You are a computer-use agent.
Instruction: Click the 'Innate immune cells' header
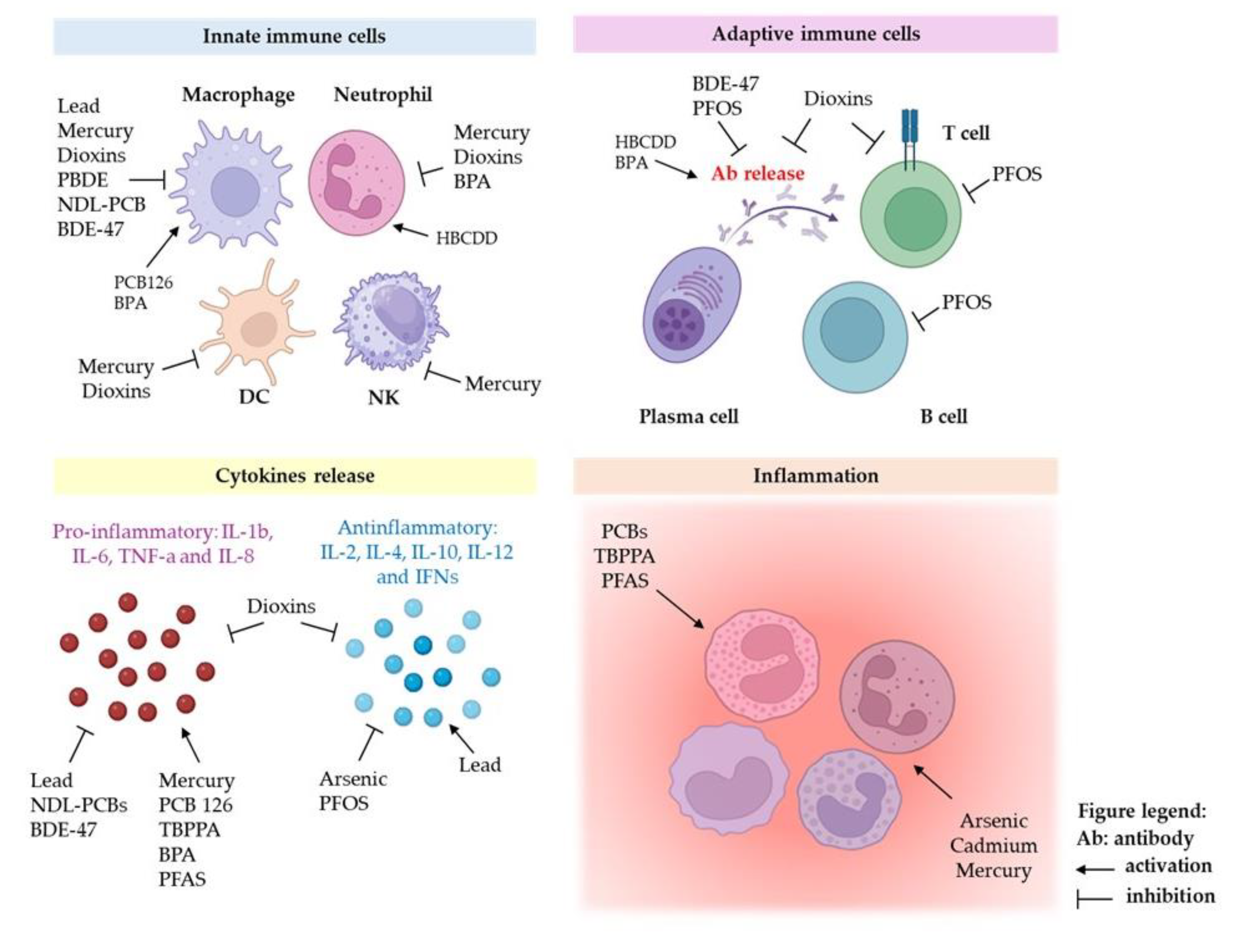click(x=294, y=36)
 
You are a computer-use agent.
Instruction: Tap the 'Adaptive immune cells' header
click(x=815, y=34)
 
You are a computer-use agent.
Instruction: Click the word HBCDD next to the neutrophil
click(x=466, y=238)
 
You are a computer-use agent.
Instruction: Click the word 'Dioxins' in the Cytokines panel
click(x=281, y=606)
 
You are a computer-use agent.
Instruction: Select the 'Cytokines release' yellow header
click(x=294, y=475)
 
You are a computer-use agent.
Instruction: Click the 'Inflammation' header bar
click(x=815, y=475)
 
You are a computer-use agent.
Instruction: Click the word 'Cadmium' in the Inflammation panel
click(x=993, y=846)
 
